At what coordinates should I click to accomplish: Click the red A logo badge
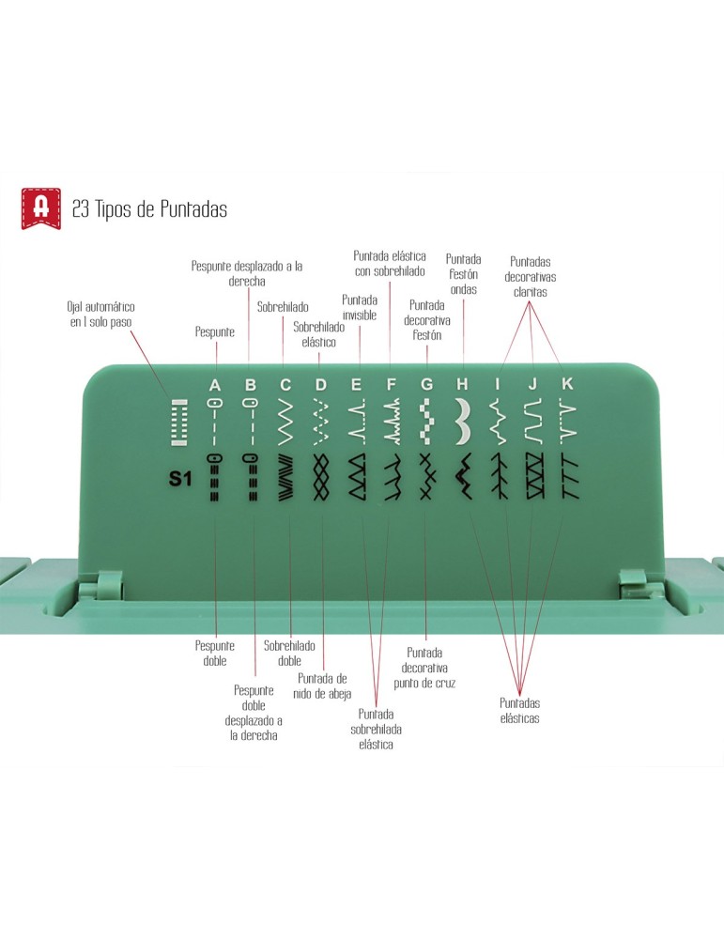coord(41,208)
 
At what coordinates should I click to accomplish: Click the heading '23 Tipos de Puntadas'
coord(149,209)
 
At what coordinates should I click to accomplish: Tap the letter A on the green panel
coord(215,385)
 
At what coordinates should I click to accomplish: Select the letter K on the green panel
coord(566,384)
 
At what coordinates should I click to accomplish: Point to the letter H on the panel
coord(462,384)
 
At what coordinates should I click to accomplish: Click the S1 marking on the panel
coord(179,479)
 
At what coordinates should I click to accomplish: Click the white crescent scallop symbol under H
coord(462,422)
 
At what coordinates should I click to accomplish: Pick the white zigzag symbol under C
coord(285,422)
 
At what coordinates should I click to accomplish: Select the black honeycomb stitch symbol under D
coord(321,477)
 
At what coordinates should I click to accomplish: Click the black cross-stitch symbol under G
coord(426,477)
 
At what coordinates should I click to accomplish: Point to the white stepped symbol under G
coord(426,422)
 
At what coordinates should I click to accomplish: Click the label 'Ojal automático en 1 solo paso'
coord(100,315)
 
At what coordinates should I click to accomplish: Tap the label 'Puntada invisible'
coord(360,307)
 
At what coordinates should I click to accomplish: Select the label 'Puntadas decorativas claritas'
coord(530,277)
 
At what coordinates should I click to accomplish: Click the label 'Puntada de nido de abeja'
coord(322,686)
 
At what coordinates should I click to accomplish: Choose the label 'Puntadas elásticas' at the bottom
coord(520,711)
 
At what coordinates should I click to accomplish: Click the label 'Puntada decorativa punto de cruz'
coord(424,668)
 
